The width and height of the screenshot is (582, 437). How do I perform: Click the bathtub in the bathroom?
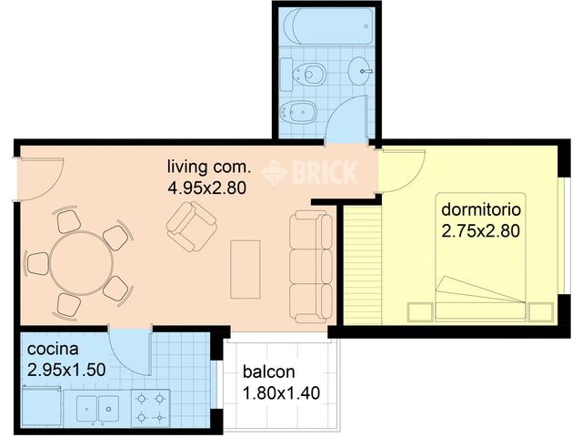point(327,26)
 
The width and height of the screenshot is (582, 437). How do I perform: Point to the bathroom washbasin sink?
point(360,71)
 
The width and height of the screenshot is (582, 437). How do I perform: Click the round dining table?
point(82,263)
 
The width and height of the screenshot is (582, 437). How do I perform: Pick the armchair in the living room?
point(192,227)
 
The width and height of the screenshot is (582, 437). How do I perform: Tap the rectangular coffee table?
point(245,269)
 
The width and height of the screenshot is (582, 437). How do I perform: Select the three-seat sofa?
point(311,266)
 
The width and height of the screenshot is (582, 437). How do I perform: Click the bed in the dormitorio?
point(481,257)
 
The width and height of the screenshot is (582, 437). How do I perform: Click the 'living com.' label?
point(209,167)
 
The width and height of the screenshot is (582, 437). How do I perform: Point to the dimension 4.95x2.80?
point(207,188)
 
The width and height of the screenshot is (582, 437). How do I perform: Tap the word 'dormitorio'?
point(481,209)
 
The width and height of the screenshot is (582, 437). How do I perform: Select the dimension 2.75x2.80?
point(481,231)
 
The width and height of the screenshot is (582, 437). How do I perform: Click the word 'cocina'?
point(53,349)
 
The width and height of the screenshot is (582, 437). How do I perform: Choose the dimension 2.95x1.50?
point(66,371)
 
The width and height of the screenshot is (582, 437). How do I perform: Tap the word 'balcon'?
point(269,371)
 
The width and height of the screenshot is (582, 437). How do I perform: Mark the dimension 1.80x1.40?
point(281,392)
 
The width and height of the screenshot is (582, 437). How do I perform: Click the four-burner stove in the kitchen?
point(151,408)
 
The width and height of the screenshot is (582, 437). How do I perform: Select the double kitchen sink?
point(97,409)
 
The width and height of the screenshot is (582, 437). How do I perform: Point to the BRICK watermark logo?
point(309,172)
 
